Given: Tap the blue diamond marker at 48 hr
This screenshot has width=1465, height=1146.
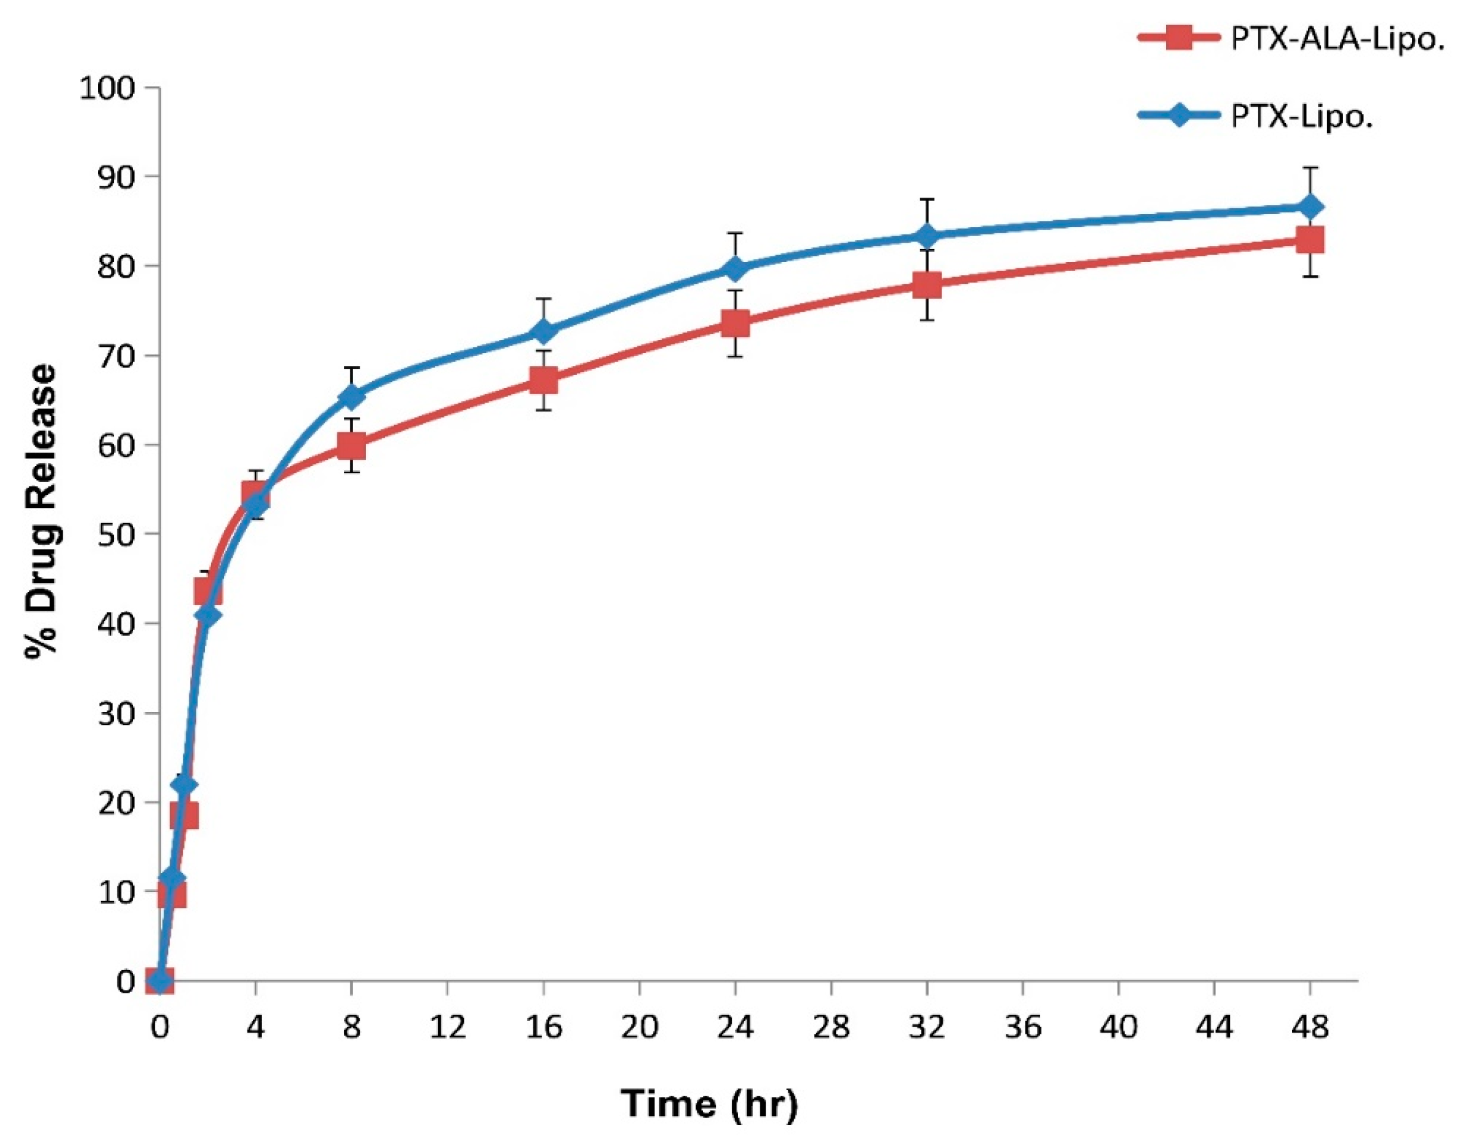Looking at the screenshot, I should click(x=1309, y=207).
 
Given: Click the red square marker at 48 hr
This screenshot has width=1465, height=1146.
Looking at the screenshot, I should click(x=1309, y=239).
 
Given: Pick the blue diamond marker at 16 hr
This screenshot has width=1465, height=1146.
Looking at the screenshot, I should click(x=543, y=331).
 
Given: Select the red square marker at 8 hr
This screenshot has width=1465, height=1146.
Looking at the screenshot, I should click(x=352, y=445).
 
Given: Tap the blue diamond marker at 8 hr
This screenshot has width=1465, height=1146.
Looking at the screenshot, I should click(x=352, y=397).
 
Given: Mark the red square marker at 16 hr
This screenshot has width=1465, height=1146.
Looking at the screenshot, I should click(x=543, y=380).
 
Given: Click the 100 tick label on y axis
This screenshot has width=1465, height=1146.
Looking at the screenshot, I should click(x=107, y=88).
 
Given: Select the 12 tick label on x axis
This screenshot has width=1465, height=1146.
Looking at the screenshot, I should click(x=447, y=1027).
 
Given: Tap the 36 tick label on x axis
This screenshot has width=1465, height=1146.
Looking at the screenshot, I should click(x=1022, y=1027).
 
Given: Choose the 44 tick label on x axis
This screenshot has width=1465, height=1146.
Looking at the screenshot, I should click(x=1214, y=1027).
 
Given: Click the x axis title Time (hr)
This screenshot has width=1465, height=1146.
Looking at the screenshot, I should click(x=710, y=1104).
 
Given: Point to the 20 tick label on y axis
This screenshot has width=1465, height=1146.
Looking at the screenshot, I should click(x=115, y=803).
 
